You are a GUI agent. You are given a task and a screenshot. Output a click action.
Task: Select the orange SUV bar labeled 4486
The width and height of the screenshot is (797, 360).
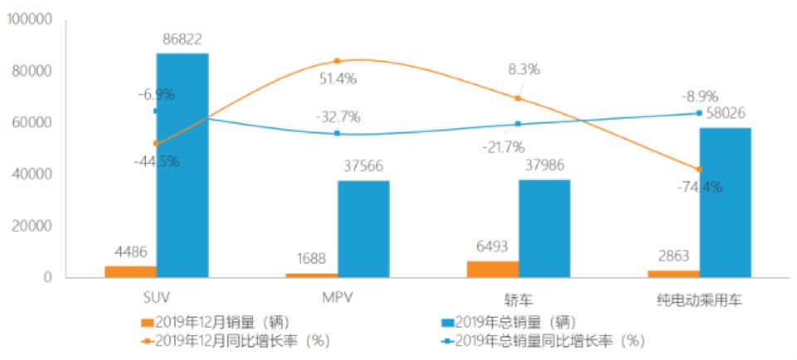[130, 271]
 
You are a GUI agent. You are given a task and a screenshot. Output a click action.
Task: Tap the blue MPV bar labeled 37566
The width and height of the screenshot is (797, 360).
[363, 228]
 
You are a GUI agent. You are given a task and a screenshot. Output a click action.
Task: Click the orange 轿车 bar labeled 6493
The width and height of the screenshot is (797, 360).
[493, 269]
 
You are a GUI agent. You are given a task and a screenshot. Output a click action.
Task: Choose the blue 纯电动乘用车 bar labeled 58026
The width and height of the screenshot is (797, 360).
[725, 202]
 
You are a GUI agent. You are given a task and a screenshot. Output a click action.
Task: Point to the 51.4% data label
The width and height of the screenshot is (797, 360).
[338, 79]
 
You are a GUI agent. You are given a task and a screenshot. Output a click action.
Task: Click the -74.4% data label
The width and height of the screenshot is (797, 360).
[699, 187]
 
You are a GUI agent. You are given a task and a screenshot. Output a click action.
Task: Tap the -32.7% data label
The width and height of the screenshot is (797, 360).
[338, 116]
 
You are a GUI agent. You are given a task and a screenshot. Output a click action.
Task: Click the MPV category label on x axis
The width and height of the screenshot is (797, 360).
[338, 298]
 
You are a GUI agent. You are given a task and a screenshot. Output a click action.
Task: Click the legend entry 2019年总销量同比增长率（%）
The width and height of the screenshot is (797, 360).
[544, 339]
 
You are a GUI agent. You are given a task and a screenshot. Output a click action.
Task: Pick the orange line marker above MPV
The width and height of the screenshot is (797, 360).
[337, 61]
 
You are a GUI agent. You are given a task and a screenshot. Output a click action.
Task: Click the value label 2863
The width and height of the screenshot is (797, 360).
[673, 256]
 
